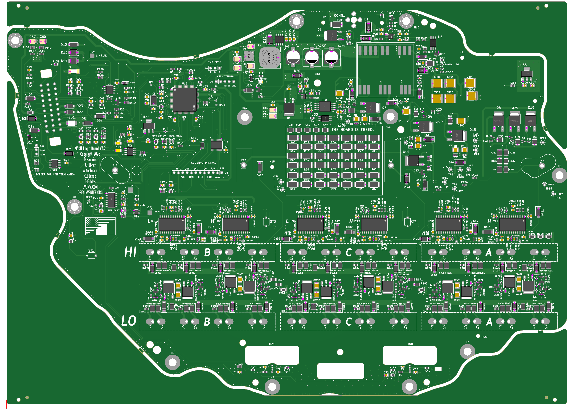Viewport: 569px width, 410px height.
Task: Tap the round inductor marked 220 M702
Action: click(269, 58)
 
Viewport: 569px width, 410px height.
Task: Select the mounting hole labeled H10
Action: click(245, 117)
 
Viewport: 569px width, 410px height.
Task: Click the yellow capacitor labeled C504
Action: click(470, 83)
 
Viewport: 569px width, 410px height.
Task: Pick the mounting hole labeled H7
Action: click(75, 207)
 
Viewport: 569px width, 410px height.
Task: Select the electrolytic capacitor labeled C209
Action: click(293, 57)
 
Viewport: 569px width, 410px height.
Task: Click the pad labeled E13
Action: click(244, 165)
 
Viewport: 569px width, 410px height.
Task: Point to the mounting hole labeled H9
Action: click(173, 362)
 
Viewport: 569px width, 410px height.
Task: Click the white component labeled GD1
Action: click(72, 123)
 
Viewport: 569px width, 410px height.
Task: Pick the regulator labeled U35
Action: click(526, 73)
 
